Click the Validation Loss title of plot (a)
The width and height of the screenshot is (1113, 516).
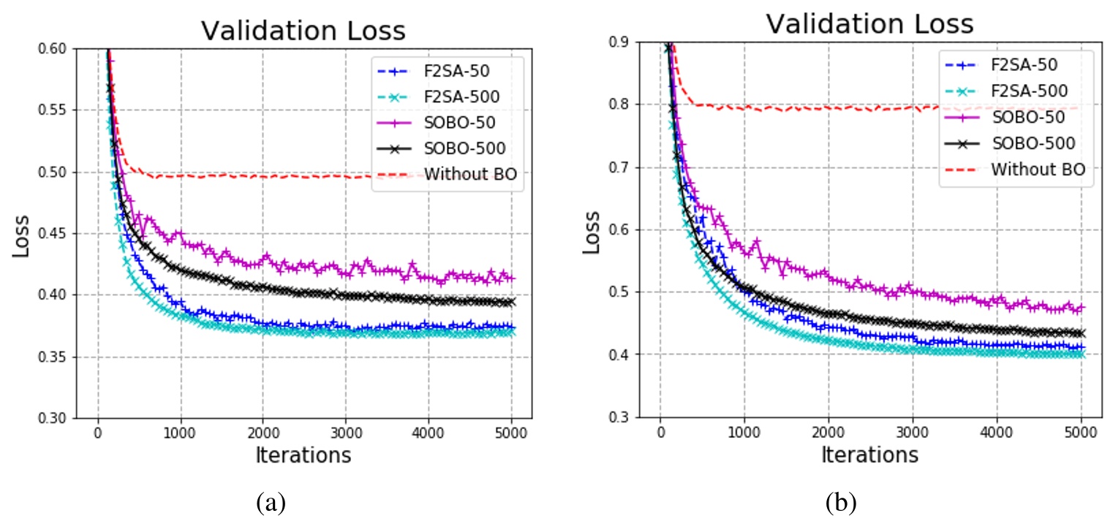[303, 31]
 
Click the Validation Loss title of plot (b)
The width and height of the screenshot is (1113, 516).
[869, 24]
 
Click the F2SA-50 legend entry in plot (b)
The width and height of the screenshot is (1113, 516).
[1024, 64]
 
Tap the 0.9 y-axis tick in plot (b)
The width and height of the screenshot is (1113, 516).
[624, 42]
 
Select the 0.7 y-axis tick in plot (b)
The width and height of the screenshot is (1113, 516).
[624, 167]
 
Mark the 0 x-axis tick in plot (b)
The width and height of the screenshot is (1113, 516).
[660, 431]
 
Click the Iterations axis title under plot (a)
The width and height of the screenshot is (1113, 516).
[303, 455]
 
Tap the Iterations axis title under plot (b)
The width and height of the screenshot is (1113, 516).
[869, 455]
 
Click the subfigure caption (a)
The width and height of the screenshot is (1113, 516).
[271, 502]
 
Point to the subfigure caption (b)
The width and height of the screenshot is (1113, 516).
[840, 502]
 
